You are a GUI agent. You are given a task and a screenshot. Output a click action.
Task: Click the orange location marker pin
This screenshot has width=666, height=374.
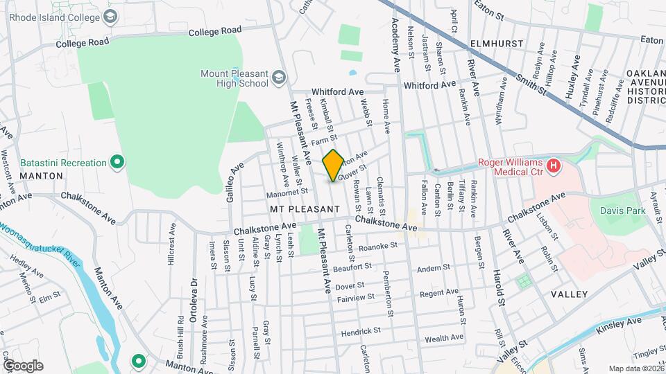[333, 165]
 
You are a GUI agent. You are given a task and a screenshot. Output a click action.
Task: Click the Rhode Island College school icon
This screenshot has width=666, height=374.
[110, 17]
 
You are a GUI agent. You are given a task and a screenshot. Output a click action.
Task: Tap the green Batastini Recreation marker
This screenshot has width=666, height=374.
[118, 163]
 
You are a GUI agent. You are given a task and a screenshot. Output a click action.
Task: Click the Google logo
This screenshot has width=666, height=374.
[23, 366]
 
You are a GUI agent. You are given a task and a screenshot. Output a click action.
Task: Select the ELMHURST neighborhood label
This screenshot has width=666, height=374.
[496, 42]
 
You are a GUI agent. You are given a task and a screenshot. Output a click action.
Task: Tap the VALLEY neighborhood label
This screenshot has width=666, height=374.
[569, 294]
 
